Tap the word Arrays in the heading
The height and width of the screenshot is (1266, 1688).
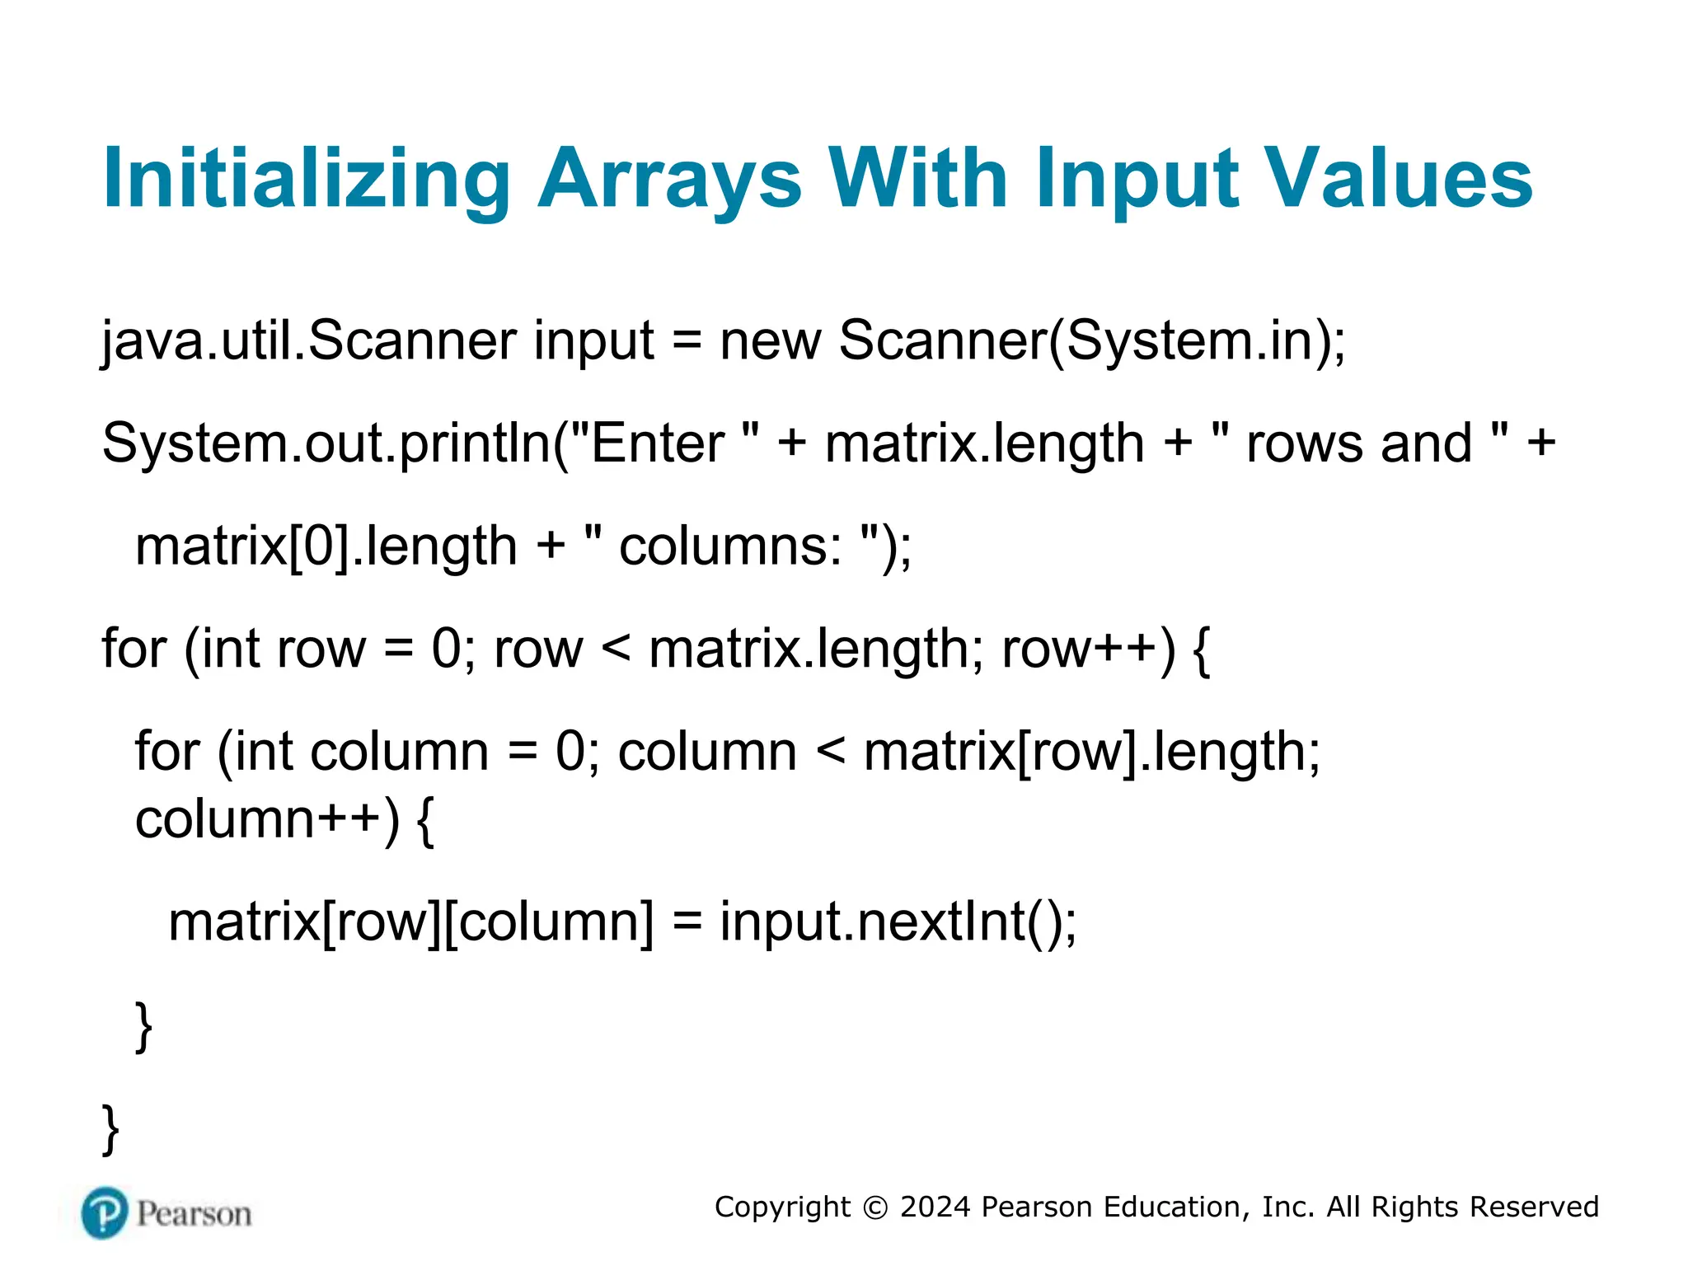tap(669, 180)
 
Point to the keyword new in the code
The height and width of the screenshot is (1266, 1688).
tap(770, 341)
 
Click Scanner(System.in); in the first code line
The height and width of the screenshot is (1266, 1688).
tap(1092, 341)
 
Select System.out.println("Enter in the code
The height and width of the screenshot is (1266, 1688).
tap(412, 443)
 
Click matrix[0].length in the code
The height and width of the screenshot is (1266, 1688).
tap(326, 546)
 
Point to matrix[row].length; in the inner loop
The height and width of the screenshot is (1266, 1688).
tap(1091, 752)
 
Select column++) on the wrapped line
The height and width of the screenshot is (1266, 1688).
tap(267, 820)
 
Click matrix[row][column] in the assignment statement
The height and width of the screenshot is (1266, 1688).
tap(410, 921)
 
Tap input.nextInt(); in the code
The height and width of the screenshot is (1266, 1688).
tap(898, 921)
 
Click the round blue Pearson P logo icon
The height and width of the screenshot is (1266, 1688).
tap(105, 1212)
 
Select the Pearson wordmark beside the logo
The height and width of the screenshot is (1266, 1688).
tap(194, 1214)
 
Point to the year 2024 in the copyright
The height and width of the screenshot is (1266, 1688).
tap(935, 1207)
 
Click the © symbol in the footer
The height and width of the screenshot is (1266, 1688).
tap(875, 1207)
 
